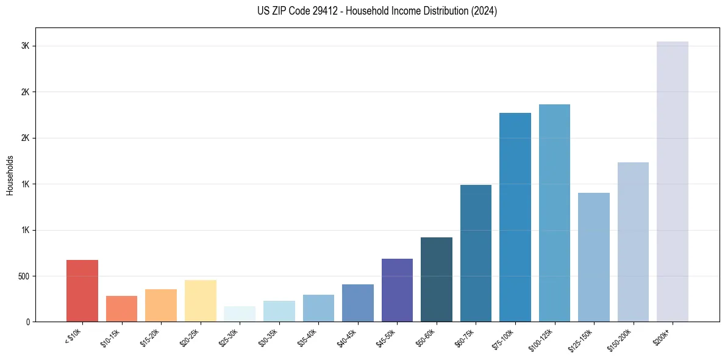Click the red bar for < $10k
tap(82, 291)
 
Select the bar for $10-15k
tap(121, 309)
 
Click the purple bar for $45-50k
tap(397, 290)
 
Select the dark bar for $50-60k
tap(437, 279)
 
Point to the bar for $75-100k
tap(515, 217)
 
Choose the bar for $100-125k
tap(554, 213)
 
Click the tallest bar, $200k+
tap(673, 182)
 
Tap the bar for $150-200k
tap(633, 242)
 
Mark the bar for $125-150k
tap(594, 257)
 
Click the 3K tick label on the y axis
tap(26, 46)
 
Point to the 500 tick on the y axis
tap(24, 276)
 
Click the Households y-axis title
tap(10, 175)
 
